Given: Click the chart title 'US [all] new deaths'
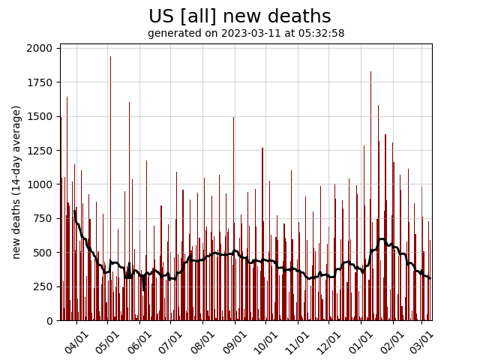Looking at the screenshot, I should tap(239, 16).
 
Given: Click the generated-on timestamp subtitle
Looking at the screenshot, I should tap(246, 34).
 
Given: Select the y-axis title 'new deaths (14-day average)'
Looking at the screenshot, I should tap(16, 182).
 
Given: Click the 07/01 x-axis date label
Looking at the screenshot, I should tap(171, 340).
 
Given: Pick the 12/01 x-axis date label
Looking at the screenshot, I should tap(328, 340).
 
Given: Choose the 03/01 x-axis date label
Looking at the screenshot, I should tap(421, 340).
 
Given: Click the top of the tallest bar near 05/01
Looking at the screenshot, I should tap(110, 57).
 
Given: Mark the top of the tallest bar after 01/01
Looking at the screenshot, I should tap(370, 72).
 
